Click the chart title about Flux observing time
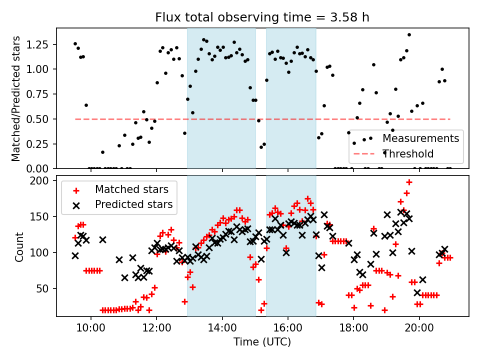tap(262, 18)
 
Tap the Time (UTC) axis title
tap(262, 342)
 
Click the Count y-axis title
tap(19, 246)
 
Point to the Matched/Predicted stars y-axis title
tap(16, 98)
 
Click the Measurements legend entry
tap(420, 138)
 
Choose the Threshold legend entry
tap(408, 153)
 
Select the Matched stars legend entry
tap(131, 189)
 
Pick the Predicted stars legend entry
tap(133, 204)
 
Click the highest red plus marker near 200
tap(409, 182)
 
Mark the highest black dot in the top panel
tap(409, 35)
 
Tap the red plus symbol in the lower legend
tap(76, 190)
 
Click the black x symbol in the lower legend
tap(76, 204)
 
